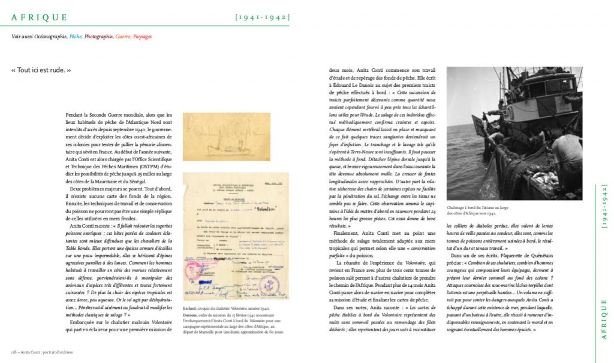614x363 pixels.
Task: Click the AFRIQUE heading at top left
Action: (39, 18)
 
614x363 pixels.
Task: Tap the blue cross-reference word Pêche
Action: (76, 37)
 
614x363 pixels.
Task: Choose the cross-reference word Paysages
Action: (142, 37)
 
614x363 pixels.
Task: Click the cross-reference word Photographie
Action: (99, 37)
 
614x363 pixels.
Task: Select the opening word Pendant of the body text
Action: (95, 114)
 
